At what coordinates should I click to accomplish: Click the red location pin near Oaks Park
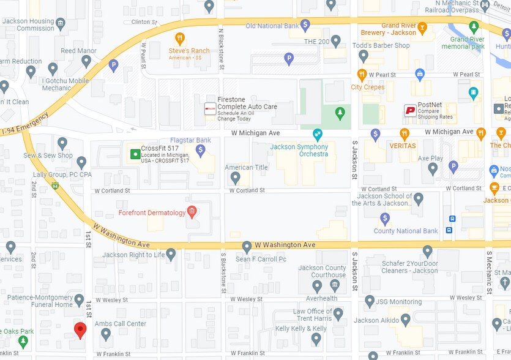[80, 330]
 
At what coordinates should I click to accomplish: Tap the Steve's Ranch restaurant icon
[179, 38]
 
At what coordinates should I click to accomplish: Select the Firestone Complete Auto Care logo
[210, 108]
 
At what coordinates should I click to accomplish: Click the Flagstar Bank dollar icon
[200, 149]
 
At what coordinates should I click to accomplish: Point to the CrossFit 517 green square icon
[134, 153]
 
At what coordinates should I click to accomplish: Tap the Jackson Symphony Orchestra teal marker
[317, 134]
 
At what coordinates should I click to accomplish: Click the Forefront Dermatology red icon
[192, 212]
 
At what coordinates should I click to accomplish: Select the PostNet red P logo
[410, 110]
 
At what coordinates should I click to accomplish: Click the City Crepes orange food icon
[362, 75]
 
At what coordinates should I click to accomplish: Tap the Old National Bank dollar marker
[305, 25]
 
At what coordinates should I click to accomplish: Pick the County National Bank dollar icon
[385, 219]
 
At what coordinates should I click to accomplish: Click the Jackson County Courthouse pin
[316, 285]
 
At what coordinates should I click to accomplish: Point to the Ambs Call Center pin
[105, 334]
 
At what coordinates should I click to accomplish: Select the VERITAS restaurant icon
[404, 133]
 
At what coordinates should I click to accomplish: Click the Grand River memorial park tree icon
[473, 27]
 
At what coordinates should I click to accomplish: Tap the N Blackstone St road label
[220, 42]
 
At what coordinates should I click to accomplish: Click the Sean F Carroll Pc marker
[247, 247]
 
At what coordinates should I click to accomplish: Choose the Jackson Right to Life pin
[171, 253]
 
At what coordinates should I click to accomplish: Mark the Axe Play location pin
[433, 169]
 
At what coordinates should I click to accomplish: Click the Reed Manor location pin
[86, 61]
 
